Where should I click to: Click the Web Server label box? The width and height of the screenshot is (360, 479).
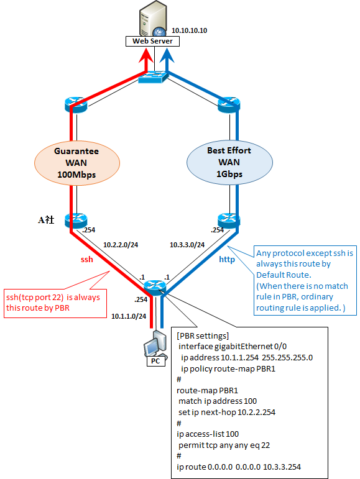(x=152, y=41)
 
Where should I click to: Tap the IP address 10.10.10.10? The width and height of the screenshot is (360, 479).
(x=189, y=30)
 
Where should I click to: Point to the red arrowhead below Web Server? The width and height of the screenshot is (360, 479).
(x=146, y=55)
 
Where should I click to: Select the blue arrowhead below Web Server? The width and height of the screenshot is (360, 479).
(x=167, y=55)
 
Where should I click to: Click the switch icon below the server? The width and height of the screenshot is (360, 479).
(x=153, y=77)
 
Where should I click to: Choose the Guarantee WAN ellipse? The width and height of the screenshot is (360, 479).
(x=76, y=163)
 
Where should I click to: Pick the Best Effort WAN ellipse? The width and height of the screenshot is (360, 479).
(x=229, y=162)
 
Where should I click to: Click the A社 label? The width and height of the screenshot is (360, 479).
(x=46, y=220)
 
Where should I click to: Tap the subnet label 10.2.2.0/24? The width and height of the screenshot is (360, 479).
(x=121, y=245)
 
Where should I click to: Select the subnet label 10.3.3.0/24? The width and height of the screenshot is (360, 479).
(x=187, y=245)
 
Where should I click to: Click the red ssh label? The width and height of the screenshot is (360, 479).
(x=87, y=259)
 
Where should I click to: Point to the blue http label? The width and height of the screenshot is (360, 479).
(x=227, y=260)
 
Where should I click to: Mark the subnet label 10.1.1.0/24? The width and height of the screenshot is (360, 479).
(x=129, y=316)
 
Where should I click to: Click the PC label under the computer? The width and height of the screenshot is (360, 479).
(x=155, y=361)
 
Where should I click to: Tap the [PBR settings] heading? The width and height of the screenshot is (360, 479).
(x=203, y=335)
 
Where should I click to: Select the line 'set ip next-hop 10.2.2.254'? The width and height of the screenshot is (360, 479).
(x=227, y=412)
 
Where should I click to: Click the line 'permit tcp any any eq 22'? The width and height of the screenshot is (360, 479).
(x=224, y=445)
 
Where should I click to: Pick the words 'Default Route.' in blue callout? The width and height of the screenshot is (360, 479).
(x=284, y=275)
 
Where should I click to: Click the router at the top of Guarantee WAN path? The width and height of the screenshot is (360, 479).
(x=76, y=104)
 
